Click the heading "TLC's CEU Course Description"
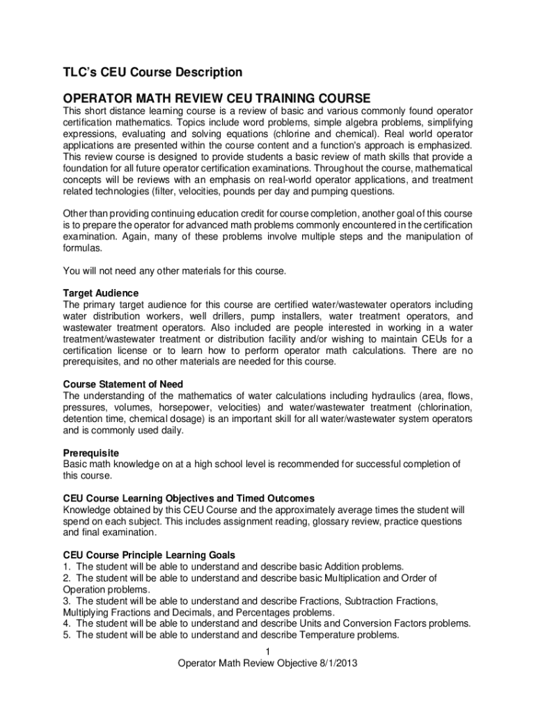point(152,72)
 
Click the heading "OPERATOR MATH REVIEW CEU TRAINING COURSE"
point(217,98)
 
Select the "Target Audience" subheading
point(101,293)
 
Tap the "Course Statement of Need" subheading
point(123,384)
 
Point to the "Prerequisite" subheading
point(91,453)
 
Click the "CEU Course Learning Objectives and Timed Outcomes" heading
point(189,499)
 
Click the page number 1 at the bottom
point(267,652)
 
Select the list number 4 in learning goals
point(66,623)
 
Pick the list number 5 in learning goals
point(66,635)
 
